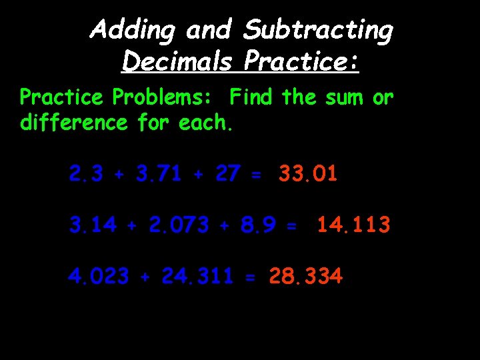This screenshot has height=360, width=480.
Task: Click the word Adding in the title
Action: coord(136,31)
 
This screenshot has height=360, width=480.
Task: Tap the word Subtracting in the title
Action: coord(318,31)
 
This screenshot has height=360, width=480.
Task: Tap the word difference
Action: coord(74,123)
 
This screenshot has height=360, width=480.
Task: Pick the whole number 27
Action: coord(227,175)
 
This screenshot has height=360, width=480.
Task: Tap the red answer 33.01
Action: coord(308,175)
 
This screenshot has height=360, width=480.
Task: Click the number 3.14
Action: coord(93,225)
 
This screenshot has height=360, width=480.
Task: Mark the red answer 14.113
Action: coord(353,225)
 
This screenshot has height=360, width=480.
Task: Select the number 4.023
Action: coord(98,275)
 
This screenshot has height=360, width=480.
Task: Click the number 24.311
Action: coord(197,275)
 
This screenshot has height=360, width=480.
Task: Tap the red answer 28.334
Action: coord(305,275)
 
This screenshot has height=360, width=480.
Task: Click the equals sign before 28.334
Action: coord(250,277)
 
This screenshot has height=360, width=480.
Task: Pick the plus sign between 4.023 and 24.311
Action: coord(145,277)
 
